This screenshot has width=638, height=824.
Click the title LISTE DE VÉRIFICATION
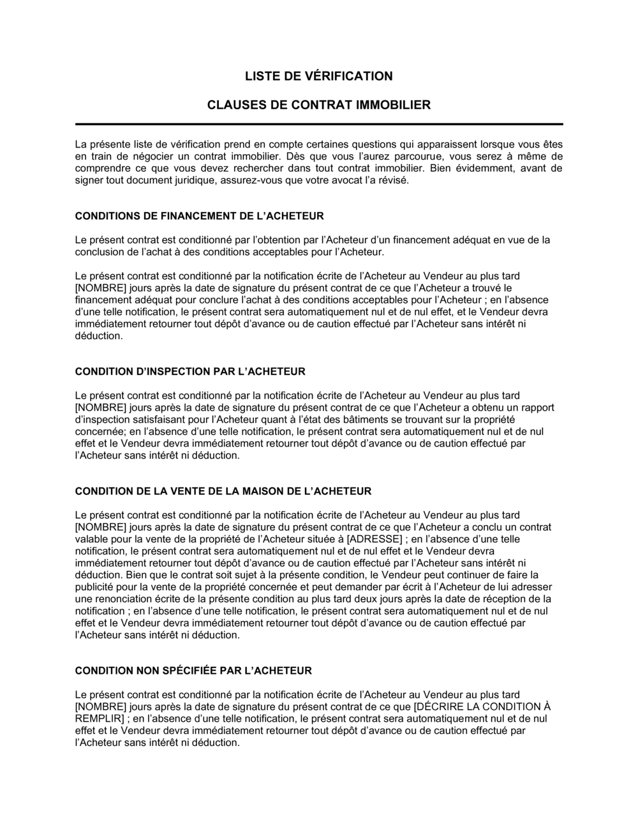coord(319,76)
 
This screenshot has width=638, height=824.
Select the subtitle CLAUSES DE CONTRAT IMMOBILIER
coord(319,104)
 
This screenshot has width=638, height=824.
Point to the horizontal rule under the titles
coord(319,124)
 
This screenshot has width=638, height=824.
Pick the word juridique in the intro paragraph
coord(197,180)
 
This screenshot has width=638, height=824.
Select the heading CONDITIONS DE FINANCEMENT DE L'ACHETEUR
coord(199,216)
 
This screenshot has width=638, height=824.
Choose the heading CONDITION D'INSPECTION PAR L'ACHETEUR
coord(190,372)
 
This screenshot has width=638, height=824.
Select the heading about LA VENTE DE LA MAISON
coord(223,491)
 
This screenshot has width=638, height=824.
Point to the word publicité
coord(96,587)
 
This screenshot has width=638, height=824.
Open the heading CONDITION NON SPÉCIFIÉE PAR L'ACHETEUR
coord(193,671)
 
